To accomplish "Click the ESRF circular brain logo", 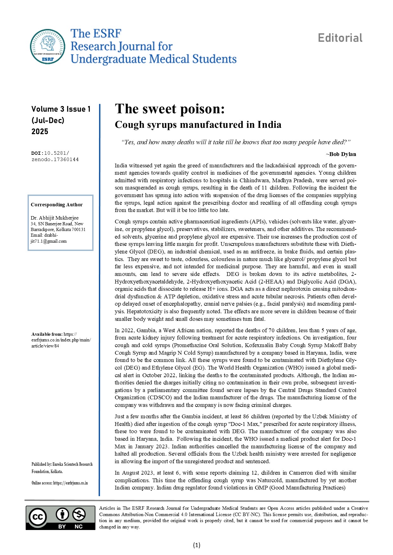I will [48, 47].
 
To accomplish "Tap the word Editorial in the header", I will [340, 38].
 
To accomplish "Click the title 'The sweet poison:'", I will [170, 109].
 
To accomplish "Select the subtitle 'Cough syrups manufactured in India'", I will [198, 125].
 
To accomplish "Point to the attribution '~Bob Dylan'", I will [341, 154].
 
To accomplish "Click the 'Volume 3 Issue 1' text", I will [61, 109].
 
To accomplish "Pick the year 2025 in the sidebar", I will [40, 132].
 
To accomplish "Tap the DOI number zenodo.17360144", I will [55, 159].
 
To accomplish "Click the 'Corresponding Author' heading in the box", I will [57, 205].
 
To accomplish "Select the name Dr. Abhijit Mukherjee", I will [55, 218].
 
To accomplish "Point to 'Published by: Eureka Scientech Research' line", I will [62, 464].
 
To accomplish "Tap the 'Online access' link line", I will [60, 483].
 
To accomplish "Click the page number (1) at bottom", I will [196, 545].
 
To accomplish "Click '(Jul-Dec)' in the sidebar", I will [48, 121].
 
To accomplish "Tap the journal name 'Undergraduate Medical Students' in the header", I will [153, 59].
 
